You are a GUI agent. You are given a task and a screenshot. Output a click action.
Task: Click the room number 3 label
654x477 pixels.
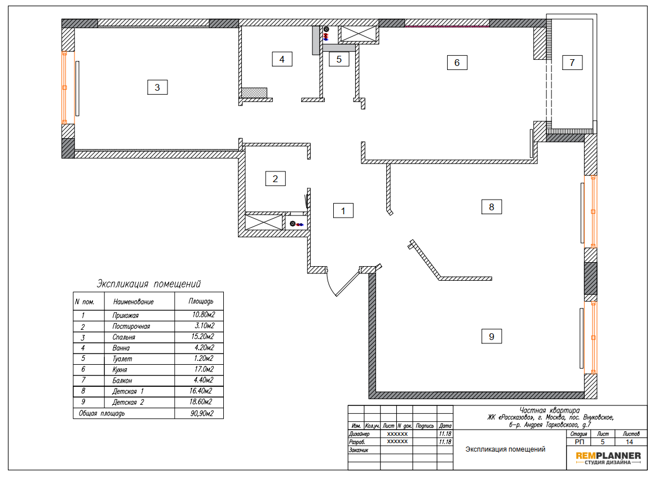pyautogui.click(x=157, y=87)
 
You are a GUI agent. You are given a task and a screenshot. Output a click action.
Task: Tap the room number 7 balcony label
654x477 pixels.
pyautogui.click(x=572, y=63)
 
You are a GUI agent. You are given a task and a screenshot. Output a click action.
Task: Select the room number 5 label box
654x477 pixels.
pyautogui.click(x=339, y=59)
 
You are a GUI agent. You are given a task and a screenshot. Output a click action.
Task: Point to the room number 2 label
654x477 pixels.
pyautogui.click(x=275, y=179)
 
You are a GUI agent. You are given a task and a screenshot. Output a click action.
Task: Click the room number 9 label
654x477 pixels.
pyautogui.click(x=492, y=337)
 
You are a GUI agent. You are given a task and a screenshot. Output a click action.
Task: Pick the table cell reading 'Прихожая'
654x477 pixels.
pyautogui.click(x=126, y=316)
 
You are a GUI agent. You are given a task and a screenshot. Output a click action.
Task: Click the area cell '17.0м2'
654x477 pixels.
pyautogui.click(x=204, y=369)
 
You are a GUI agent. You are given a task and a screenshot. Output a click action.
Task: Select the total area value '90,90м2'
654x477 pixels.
pyautogui.click(x=202, y=414)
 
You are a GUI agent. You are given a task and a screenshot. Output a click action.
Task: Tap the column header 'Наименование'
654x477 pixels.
pyautogui.click(x=134, y=302)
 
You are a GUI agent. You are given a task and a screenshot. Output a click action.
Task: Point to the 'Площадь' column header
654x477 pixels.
pyautogui.click(x=201, y=302)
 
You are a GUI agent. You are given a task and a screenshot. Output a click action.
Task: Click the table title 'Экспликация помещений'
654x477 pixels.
pyautogui.click(x=148, y=284)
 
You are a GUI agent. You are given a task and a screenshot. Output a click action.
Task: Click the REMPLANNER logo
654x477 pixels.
pyautogui.click(x=608, y=458)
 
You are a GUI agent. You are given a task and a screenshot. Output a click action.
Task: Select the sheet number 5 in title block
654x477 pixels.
pyautogui.click(x=602, y=442)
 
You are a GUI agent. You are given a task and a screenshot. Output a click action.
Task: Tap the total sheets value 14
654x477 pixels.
pyautogui.click(x=629, y=442)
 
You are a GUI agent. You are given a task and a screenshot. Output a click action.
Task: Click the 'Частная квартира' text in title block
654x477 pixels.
pyautogui.click(x=549, y=410)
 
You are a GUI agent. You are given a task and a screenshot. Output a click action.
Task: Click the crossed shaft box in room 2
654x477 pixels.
pyautogui.click(x=264, y=222)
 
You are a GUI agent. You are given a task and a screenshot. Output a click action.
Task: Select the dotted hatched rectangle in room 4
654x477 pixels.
pyautogui.click(x=254, y=93)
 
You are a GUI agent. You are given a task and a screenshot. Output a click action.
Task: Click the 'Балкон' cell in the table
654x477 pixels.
pyautogui.click(x=122, y=381)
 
